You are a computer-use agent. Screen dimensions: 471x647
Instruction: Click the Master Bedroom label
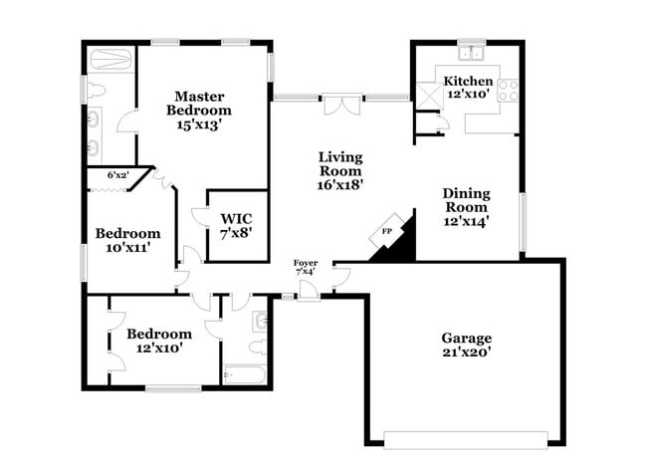tap(199, 103)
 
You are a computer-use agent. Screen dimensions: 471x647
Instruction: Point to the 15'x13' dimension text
tap(199, 125)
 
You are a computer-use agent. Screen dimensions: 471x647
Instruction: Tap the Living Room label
tap(339, 163)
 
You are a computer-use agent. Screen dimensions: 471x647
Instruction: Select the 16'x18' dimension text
tap(339, 183)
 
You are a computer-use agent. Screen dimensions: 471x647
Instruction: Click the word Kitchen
tap(468, 81)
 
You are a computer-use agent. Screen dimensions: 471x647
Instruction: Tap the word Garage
tap(467, 338)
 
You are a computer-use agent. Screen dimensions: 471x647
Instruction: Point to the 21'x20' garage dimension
tap(467, 352)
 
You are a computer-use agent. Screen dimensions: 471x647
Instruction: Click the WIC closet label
tap(236, 218)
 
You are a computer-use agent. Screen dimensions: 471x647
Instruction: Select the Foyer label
tap(306, 264)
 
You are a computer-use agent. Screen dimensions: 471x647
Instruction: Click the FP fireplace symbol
tap(386, 233)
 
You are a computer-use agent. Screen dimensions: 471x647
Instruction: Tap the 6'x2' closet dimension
tap(117, 175)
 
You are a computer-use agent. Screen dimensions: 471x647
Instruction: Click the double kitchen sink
tap(470, 53)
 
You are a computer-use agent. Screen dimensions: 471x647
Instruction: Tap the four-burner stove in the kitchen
tap(509, 91)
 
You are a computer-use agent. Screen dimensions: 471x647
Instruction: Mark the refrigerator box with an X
tap(429, 94)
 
